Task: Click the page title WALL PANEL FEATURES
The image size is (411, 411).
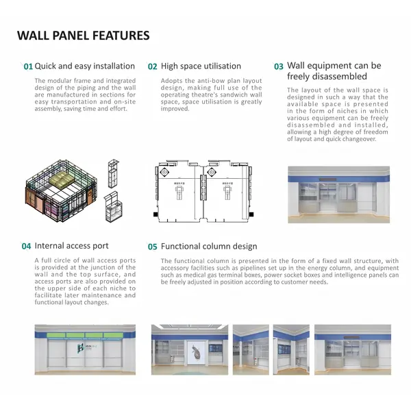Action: pyautogui.click(x=83, y=36)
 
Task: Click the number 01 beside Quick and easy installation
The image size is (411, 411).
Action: pyautogui.click(x=28, y=67)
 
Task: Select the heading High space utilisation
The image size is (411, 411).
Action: pyautogui.click(x=201, y=66)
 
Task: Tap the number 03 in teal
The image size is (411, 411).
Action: pyautogui.click(x=279, y=67)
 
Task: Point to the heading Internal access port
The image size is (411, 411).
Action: pyautogui.click(x=71, y=246)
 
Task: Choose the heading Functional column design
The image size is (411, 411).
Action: pyautogui.click(x=209, y=247)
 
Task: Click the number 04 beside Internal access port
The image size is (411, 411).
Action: pyautogui.click(x=26, y=247)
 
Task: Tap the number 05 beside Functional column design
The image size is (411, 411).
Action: pyautogui.click(x=153, y=247)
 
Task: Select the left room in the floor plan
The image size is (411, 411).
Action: pyautogui.click(x=177, y=195)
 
